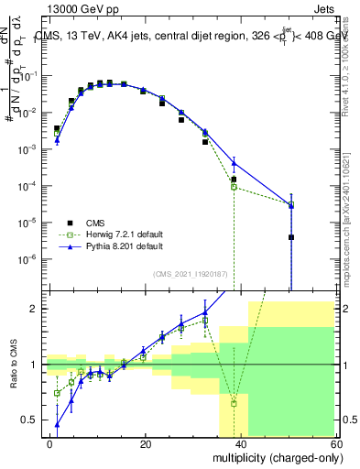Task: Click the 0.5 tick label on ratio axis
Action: (x=32, y=420)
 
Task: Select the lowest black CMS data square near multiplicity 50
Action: (x=290, y=237)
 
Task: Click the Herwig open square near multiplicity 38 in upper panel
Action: (x=234, y=187)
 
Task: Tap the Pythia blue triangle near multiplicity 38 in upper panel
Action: (x=234, y=163)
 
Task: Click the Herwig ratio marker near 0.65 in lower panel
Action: (x=234, y=403)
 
